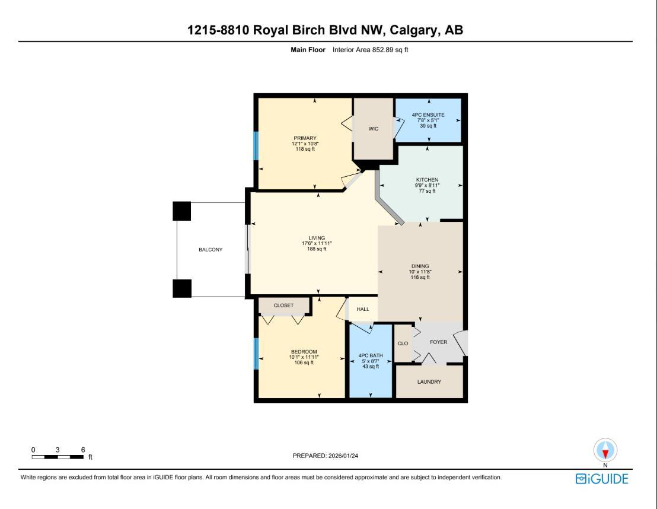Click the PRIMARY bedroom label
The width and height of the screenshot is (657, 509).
coord(305,138)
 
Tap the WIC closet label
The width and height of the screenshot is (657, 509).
coord(373,129)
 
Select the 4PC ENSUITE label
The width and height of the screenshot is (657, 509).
coord(428,115)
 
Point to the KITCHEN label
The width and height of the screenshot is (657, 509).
coord(427,180)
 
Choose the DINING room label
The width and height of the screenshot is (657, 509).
coord(420,266)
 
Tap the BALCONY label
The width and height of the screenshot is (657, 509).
coord(211,250)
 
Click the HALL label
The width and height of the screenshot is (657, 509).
coord(363,309)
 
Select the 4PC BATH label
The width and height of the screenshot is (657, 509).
coord(371,356)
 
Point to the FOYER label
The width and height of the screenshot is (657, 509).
coord(438,342)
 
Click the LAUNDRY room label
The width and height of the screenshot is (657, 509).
coord(429,382)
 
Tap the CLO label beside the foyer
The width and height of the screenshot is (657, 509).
coord(403,343)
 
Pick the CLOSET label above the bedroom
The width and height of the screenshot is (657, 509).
coord(283,306)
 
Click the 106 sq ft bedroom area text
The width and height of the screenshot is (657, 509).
coord(304,362)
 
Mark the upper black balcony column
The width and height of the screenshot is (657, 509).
coord(182,211)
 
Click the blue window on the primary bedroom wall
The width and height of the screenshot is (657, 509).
coord(256,146)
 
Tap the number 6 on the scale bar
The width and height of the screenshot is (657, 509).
coord(83,450)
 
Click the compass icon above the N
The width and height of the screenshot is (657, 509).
coord(605,450)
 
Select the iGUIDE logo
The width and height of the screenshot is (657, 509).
coord(601,479)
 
